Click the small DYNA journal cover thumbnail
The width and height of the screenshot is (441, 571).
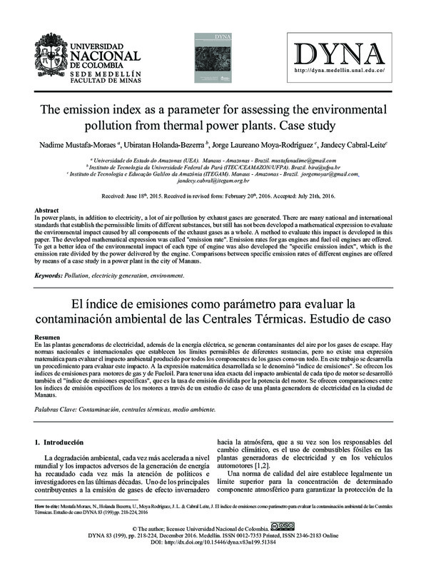tap(226, 54)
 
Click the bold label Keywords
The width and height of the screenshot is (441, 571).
tap(49, 275)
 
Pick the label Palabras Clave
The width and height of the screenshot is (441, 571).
tap(58, 410)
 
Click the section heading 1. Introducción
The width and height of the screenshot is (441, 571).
tap(64, 443)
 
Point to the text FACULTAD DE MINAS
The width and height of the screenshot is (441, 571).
tap(103, 83)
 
